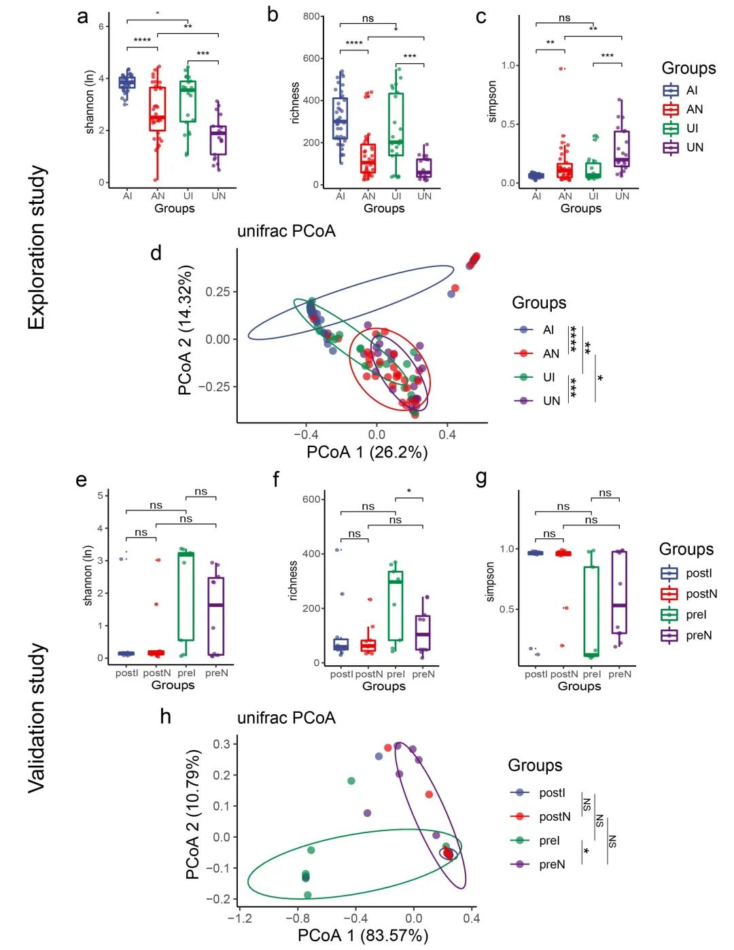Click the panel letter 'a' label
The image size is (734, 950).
[82, 16]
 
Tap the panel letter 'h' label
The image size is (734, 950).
[165, 716]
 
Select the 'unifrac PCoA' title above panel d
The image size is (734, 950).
[286, 231]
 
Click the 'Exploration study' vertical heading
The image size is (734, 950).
[37, 248]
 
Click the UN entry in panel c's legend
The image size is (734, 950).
[683, 147]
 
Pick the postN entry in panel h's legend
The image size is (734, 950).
[541, 816]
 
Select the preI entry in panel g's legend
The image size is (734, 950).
[684, 614]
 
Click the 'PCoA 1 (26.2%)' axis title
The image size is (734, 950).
[367, 452]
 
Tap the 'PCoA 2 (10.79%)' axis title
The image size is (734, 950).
[193, 814]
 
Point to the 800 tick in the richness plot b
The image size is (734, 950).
[312, 16]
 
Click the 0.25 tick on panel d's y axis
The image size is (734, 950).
[217, 292]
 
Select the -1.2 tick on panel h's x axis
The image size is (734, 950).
[239, 918]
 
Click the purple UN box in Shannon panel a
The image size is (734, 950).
[218, 140]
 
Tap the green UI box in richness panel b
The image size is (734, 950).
[396, 124]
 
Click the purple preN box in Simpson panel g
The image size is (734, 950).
[619, 592]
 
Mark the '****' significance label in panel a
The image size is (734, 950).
[142, 41]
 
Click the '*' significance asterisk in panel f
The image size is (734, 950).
[409, 491]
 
